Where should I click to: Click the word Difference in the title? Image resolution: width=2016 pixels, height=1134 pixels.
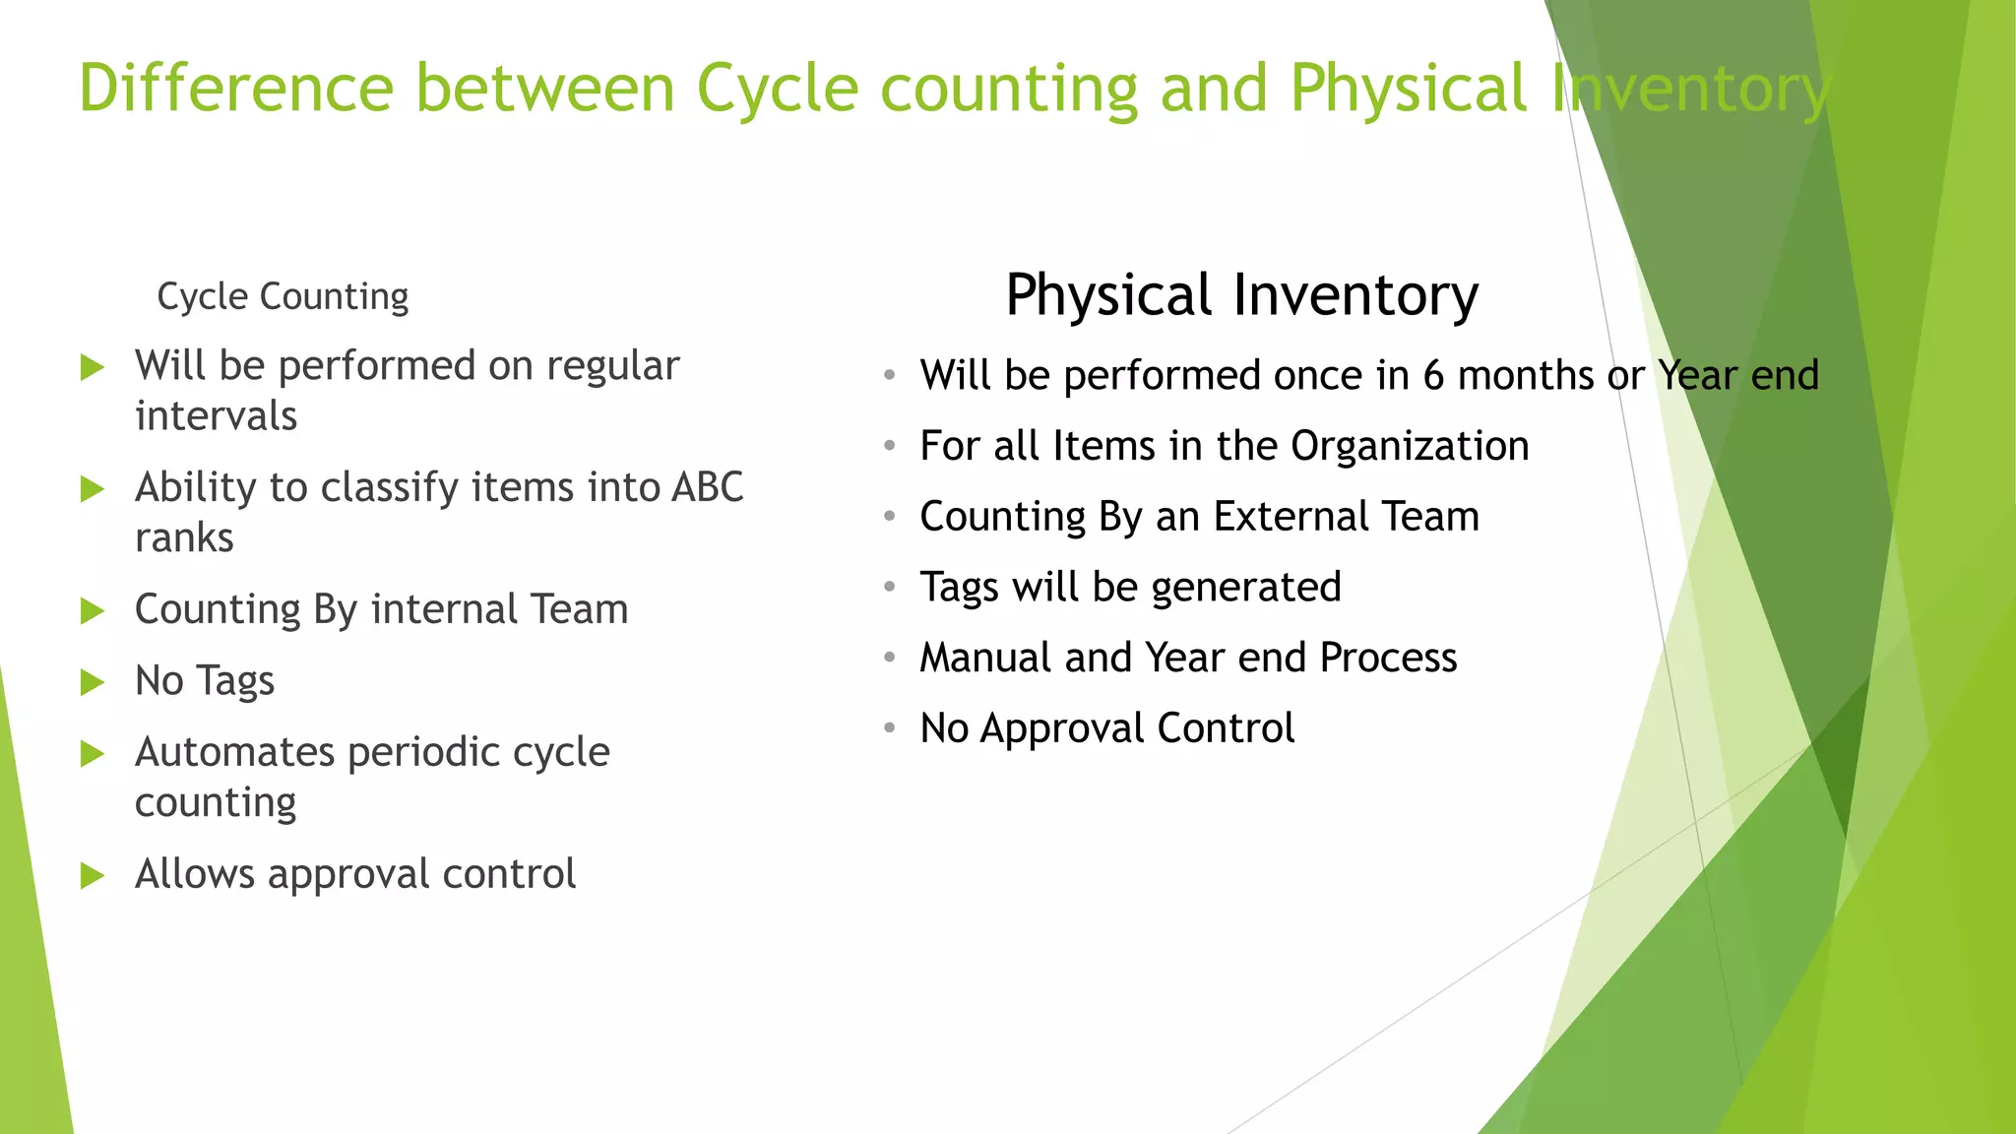pyautogui.click(x=236, y=89)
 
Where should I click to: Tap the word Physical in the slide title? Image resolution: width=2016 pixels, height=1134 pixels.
pyautogui.click(x=1408, y=89)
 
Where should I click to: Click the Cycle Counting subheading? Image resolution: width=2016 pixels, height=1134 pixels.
pyautogui.click(x=283, y=296)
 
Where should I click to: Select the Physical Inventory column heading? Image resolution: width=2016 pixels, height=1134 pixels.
pyautogui.click(x=1241, y=295)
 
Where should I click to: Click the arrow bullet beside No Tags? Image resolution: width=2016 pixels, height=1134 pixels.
pyautogui.click(x=93, y=682)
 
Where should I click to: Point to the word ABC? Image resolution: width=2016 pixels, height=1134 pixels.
pyautogui.click(x=707, y=487)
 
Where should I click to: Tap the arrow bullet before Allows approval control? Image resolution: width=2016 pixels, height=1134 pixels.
pyautogui.click(x=93, y=875)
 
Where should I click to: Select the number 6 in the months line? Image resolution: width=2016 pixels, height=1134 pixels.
pyautogui.click(x=1433, y=375)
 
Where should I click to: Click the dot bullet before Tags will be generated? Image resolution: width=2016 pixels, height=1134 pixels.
pyautogui.click(x=890, y=588)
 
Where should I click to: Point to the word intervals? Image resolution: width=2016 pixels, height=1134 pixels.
pyautogui.click(x=216, y=416)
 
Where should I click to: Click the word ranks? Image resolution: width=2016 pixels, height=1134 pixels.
pyautogui.click(x=184, y=538)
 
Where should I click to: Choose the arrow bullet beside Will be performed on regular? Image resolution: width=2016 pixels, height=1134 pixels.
pyautogui.click(x=93, y=368)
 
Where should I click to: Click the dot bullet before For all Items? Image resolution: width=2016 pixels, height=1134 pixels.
pyautogui.click(x=890, y=446)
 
